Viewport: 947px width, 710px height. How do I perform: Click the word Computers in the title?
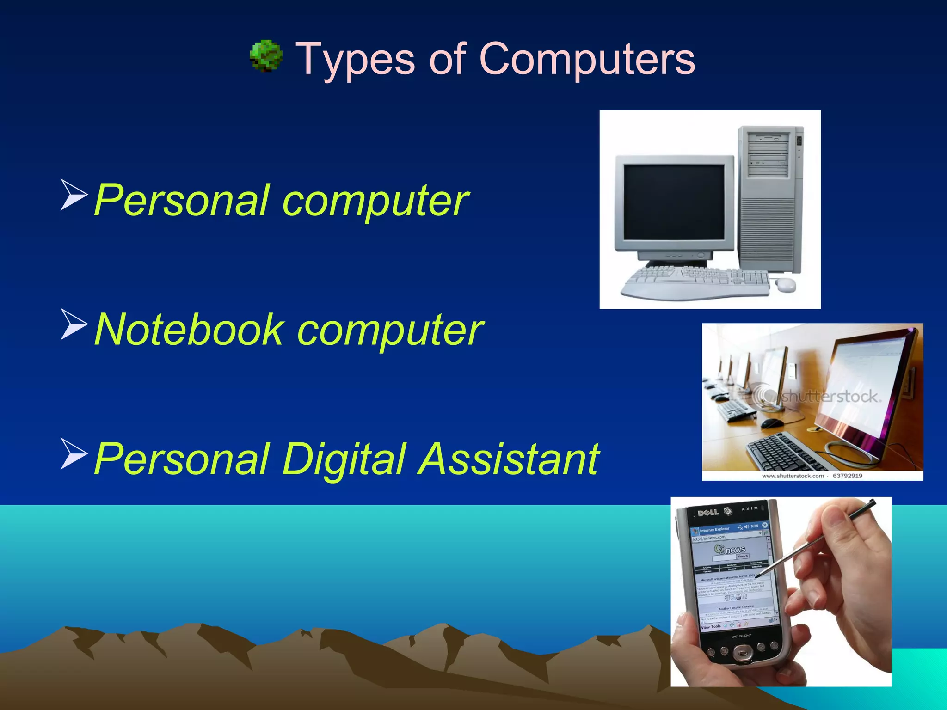point(587,59)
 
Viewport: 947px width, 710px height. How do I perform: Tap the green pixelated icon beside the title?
point(266,56)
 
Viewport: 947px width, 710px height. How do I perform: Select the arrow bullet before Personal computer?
point(74,196)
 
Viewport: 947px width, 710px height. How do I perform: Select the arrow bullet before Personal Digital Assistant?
point(74,454)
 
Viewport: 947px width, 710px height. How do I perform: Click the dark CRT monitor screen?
point(674,202)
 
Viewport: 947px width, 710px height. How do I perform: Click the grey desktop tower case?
point(770,199)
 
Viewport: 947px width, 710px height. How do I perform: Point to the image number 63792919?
point(847,476)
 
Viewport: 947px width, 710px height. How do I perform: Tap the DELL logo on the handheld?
point(707,512)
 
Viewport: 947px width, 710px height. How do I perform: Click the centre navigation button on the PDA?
point(742,654)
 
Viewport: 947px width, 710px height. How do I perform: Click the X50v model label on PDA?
point(741,637)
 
